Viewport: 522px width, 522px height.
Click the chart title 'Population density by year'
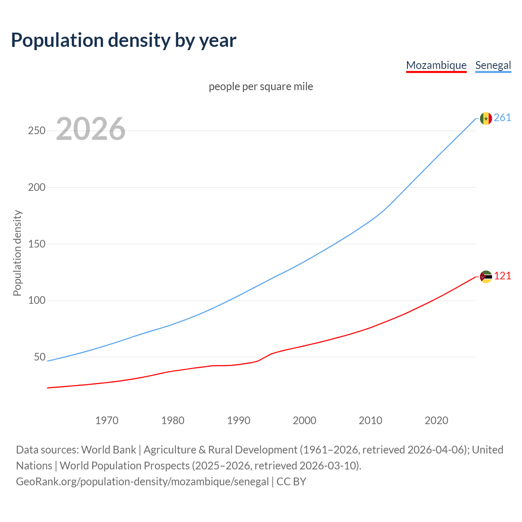[124, 40]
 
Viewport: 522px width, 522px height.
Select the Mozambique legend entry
[436, 65]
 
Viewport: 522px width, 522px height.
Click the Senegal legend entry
[493, 65]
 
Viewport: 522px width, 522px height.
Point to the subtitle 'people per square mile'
[261, 87]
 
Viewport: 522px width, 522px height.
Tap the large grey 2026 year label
[91, 129]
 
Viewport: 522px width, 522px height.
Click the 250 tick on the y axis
[36, 131]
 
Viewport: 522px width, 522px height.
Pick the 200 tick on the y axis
[36, 188]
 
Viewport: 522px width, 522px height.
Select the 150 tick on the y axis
[36, 244]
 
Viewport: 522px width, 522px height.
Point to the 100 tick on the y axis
[36, 301]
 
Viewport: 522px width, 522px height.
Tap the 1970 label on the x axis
[107, 420]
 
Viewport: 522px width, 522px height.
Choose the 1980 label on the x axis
[173, 420]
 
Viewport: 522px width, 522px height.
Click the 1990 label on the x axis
[239, 420]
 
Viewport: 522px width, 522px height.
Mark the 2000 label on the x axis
[305, 420]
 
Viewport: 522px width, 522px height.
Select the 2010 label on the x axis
[370, 420]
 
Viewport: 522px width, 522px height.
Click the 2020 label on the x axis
[436, 420]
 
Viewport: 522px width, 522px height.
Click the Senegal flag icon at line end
[486, 118]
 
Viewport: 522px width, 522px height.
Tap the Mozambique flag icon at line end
[486, 276]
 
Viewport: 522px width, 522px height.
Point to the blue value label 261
[502, 118]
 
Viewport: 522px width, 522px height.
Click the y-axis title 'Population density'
[17, 253]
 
